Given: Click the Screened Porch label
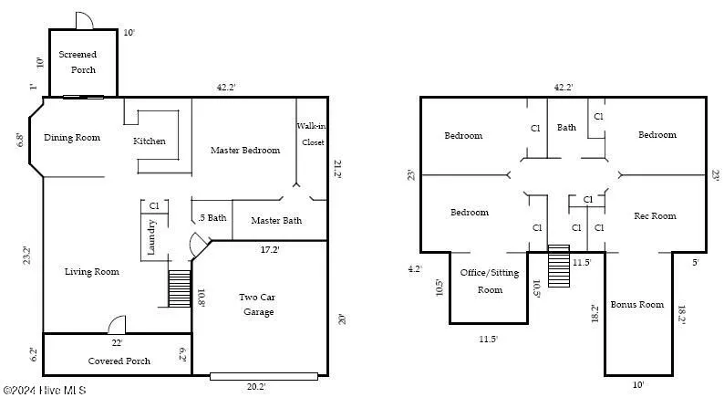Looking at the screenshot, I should [78, 62].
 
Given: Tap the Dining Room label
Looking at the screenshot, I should [72, 138].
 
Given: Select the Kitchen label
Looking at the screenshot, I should [150, 141].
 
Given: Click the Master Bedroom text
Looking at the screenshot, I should [245, 150].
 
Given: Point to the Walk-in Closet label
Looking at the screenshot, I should [311, 134].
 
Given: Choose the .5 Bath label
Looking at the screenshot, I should [212, 218].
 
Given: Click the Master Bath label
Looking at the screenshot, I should [276, 220].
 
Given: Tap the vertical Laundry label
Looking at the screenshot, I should [153, 238].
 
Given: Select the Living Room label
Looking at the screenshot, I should [92, 271].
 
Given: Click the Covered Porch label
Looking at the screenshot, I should [119, 361].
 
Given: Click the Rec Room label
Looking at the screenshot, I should [655, 216].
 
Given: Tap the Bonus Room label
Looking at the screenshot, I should [637, 304].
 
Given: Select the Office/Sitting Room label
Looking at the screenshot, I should [490, 281].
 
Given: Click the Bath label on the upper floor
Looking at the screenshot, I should [567, 129].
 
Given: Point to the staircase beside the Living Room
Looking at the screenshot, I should [180, 288].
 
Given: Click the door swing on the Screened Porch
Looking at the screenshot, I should [83, 20].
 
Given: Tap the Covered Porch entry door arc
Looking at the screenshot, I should [117, 325].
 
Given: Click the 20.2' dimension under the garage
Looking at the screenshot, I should [256, 386].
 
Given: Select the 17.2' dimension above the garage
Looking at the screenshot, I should [271, 249].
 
